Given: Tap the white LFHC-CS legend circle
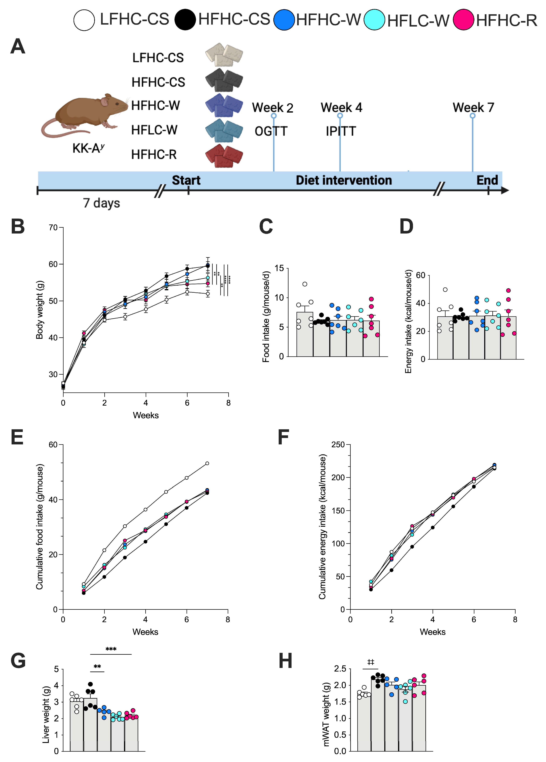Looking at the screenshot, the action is point(84,20).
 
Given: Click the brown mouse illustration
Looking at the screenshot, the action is point(85,115).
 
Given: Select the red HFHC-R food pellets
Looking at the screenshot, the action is point(224,155).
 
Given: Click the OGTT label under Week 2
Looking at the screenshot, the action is point(271,131).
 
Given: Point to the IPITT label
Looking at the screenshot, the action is point(341,131).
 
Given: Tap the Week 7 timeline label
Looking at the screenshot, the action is point(473,108).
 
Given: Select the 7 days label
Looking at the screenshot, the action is point(102,203).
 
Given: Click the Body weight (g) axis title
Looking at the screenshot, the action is point(40,309).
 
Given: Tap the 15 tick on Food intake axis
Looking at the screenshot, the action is point(279,268).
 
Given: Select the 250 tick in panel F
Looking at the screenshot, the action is point(338,445).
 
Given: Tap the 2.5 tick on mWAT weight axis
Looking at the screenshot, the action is point(340,669).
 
